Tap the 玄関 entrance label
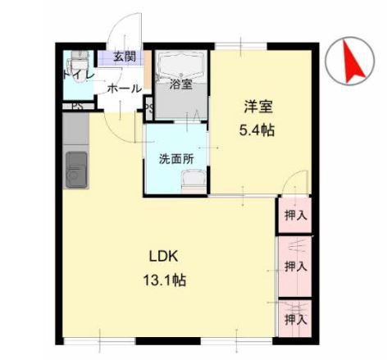(125, 57)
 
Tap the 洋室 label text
(257, 107)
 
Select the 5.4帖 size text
(257, 130)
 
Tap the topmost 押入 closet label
(296, 216)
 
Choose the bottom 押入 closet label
(296, 317)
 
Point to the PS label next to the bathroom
(148, 106)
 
